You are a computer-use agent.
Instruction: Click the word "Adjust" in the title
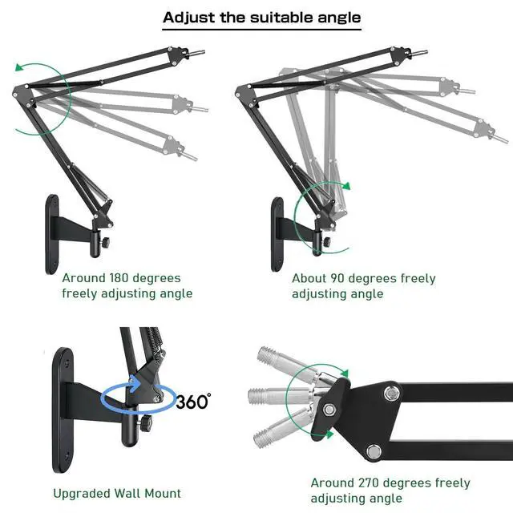188,17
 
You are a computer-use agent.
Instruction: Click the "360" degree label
192,400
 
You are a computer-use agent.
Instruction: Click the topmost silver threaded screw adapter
281,365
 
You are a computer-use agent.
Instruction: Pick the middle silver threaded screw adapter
277,395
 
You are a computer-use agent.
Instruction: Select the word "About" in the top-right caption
309,279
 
